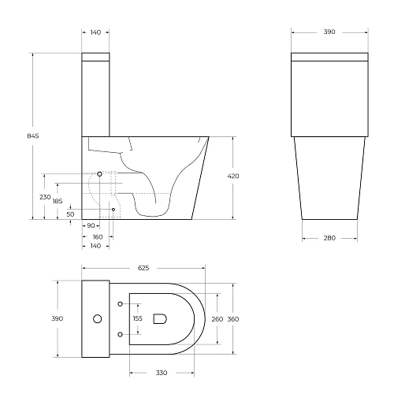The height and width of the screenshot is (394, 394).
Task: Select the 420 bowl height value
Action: click(233, 176)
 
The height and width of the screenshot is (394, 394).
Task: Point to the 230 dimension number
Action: click(45, 197)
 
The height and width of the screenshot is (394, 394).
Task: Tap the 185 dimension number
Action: click(58, 202)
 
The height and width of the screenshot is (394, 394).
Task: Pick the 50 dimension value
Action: click(70, 214)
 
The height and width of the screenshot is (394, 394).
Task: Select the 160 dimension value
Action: click(97, 236)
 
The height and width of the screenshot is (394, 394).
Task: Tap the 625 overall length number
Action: click(143, 268)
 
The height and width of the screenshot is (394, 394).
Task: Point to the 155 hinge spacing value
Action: click(138, 318)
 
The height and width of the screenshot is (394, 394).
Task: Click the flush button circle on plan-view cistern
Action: click(98, 319)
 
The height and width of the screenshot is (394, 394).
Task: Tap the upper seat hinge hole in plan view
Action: click(120, 303)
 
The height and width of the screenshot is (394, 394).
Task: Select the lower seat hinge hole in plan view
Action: click(120, 334)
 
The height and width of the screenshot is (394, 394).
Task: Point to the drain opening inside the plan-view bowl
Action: click(160, 319)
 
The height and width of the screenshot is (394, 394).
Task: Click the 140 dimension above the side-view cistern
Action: click(95, 32)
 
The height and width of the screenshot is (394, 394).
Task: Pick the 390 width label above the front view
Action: click(329, 32)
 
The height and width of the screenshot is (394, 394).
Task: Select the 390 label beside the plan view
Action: click(57, 318)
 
